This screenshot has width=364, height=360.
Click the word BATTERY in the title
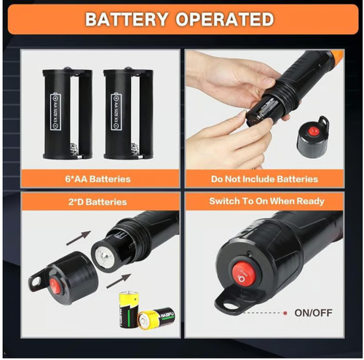coord(128,20)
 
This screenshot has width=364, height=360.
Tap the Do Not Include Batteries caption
coord(264,179)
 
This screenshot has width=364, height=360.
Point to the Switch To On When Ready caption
coord(264,201)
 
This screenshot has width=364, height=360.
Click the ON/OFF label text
coord(312,313)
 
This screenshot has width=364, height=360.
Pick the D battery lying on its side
coord(156,317)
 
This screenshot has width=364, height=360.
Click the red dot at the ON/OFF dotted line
coord(285,313)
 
